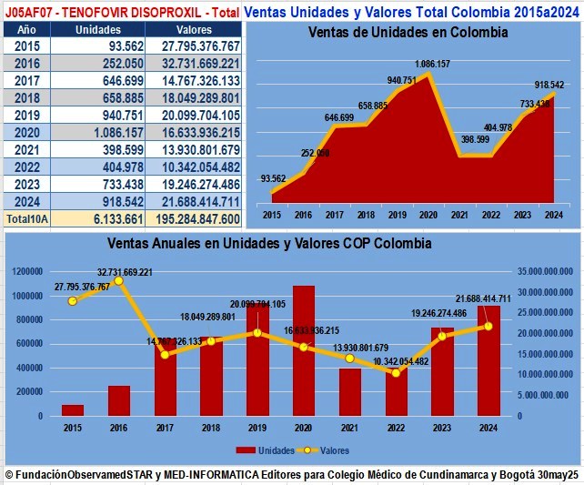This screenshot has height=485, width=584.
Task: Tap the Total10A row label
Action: coord(26,218)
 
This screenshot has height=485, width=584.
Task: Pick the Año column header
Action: coord(26,29)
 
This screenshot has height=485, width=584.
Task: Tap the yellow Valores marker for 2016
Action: coord(118,280)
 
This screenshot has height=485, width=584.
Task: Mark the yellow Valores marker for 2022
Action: coord(396,372)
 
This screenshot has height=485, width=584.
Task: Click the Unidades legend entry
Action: coord(264,450)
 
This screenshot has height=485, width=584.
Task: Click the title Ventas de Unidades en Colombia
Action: coord(408,32)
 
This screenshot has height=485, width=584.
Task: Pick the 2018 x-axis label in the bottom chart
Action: coord(211,428)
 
